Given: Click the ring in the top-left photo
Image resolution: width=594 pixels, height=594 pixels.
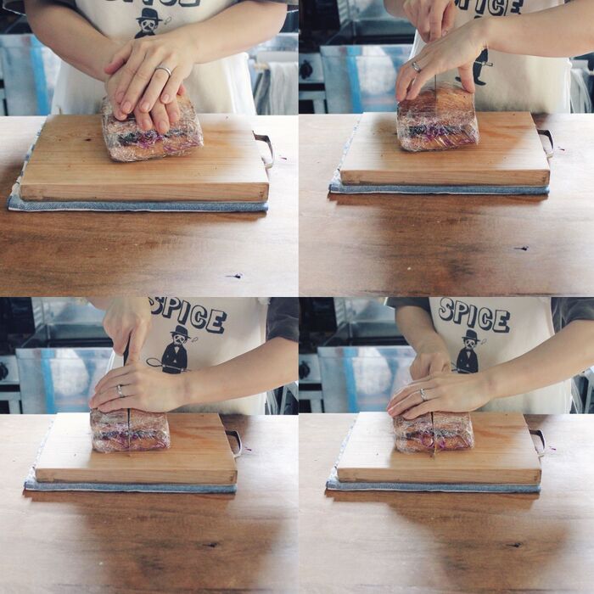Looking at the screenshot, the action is pyautogui.click(x=164, y=70).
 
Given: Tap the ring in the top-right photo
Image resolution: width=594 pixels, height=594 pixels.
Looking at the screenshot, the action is pyautogui.click(x=417, y=67).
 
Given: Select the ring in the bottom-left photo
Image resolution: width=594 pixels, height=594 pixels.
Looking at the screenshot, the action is pyautogui.click(x=120, y=390).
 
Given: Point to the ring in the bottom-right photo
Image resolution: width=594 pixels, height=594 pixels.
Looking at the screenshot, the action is pyautogui.click(x=423, y=395).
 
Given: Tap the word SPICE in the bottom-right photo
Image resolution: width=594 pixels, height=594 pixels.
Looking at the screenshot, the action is pyautogui.click(x=474, y=315).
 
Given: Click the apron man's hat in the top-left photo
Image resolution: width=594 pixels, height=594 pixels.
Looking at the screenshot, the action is pyautogui.click(x=148, y=14).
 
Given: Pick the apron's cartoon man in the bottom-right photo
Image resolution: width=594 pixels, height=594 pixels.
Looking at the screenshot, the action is pyautogui.click(x=469, y=351).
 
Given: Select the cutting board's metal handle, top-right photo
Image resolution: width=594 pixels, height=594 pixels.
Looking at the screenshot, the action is pyautogui.click(x=546, y=143).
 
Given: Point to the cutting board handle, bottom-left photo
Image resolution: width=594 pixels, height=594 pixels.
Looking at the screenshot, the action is pyautogui.click(x=235, y=443).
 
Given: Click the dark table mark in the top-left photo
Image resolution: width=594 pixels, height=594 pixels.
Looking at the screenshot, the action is pyautogui.click(x=235, y=276).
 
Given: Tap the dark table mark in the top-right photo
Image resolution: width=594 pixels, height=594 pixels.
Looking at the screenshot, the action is pyautogui.click(x=522, y=248).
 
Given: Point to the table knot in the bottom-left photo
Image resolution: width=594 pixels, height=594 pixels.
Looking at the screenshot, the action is pyautogui.click(x=210, y=545).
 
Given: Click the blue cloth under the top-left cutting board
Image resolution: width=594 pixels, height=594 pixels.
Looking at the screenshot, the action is pyautogui.click(x=137, y=205).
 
